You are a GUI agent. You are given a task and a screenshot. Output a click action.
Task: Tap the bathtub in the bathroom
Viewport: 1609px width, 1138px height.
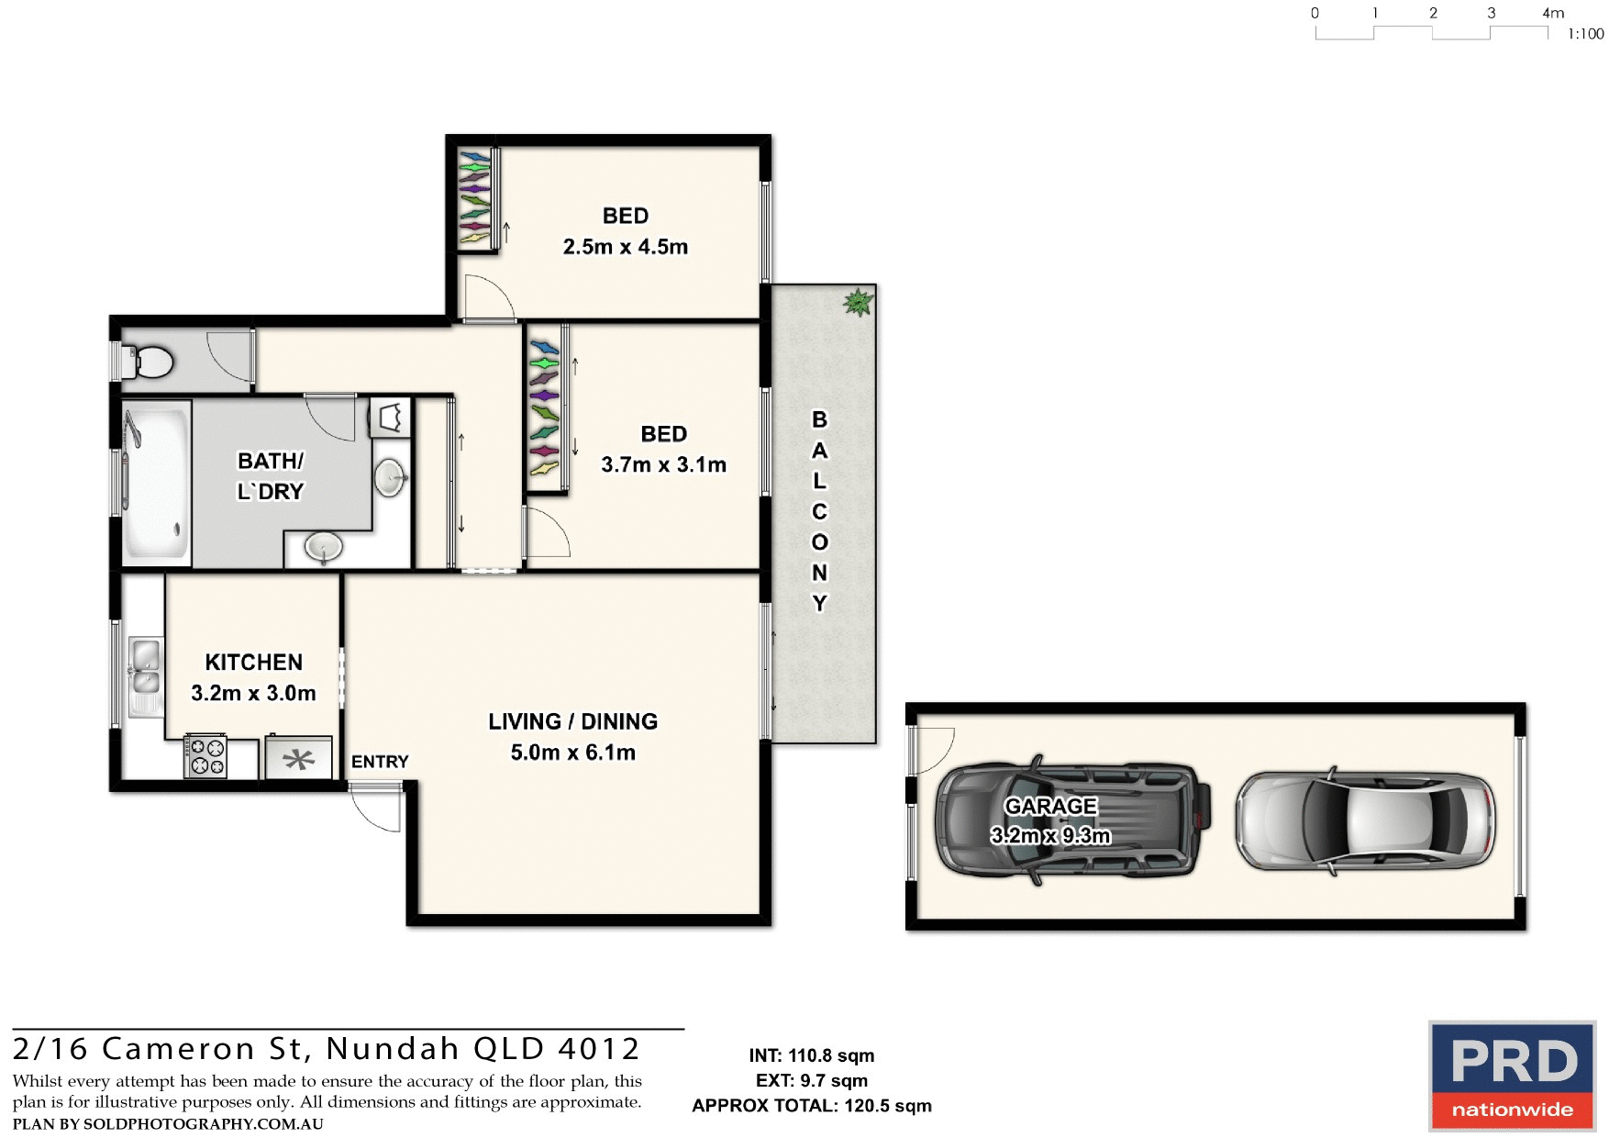coord(156,482)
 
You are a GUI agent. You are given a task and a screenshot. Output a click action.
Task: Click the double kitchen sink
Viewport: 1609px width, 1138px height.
coord(145,668)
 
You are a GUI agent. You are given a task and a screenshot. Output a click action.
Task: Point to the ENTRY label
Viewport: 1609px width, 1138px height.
coord(380,762)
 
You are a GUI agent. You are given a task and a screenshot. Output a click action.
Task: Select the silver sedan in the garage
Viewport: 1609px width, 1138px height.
coord(1365,820)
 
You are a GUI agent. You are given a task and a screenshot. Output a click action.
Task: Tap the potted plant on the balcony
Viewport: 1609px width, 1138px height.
coord(858,302)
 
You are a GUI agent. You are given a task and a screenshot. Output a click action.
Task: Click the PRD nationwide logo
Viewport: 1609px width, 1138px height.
coord(1512,1076)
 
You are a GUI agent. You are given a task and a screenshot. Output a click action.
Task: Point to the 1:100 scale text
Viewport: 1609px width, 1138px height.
coord(1585,34)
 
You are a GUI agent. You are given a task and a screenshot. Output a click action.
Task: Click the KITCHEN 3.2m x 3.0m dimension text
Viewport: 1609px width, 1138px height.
coord(253,693)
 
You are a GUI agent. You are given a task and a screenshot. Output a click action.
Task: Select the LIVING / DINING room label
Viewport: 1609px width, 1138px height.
coord(572,721)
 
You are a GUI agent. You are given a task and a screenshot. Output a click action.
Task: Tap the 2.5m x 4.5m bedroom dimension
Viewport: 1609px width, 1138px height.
coord(625,247)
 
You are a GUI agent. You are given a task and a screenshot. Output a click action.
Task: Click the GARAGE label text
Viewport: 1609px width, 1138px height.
coord(1050,806)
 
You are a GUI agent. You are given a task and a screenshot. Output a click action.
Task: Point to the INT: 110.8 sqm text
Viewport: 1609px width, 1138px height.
coord(811,1055)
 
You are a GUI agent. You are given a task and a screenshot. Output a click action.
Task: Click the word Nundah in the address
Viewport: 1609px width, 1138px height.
coord(392,1048)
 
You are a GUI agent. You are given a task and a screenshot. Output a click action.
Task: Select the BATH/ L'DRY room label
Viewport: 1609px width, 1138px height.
coord(270,475)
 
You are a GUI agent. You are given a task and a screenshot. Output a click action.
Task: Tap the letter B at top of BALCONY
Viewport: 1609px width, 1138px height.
coord(819,419)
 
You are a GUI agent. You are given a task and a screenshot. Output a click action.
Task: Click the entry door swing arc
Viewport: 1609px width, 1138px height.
coord(376,812)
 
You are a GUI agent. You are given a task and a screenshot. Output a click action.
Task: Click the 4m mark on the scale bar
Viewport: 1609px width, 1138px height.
coord(1552,13)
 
